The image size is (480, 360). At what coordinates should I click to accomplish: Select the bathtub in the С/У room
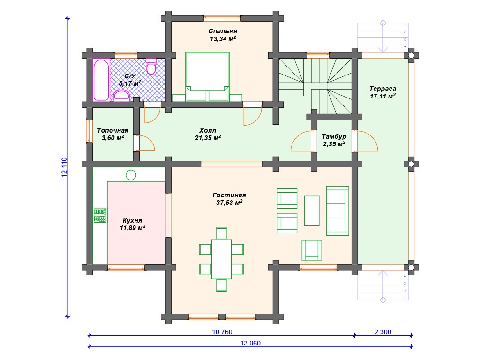(x=101, y=80)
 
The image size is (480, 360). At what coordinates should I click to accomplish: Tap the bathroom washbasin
(x=122, y=96)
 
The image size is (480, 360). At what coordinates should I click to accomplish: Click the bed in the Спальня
(x=207, y=77)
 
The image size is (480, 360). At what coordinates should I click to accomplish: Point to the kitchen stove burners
(x=100, y=215)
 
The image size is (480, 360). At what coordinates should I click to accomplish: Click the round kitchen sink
(x=131, y=175)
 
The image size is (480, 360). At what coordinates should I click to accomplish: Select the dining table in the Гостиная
(x=221, y=259)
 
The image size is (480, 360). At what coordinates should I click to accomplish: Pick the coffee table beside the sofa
(x=312, y=211)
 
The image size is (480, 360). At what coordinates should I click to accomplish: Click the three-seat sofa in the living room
(x=337, y=211)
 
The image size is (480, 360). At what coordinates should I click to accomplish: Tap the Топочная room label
(x=112, y=130)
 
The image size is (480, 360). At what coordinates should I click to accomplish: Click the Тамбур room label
(x=334, y=136)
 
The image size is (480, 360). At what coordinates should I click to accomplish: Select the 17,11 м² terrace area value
(x=382, y=96)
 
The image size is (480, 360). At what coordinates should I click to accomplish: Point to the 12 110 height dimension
(x=64, y=167)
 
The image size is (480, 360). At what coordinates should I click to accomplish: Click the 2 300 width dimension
(x=382, y=332)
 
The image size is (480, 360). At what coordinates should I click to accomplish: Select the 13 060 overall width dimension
(x=250, y=343)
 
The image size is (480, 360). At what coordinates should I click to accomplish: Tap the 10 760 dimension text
(x=222, y=332)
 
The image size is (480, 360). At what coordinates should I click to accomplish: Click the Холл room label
(x=208, y=130)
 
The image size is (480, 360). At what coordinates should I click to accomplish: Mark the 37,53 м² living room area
(x=229, y=202)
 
